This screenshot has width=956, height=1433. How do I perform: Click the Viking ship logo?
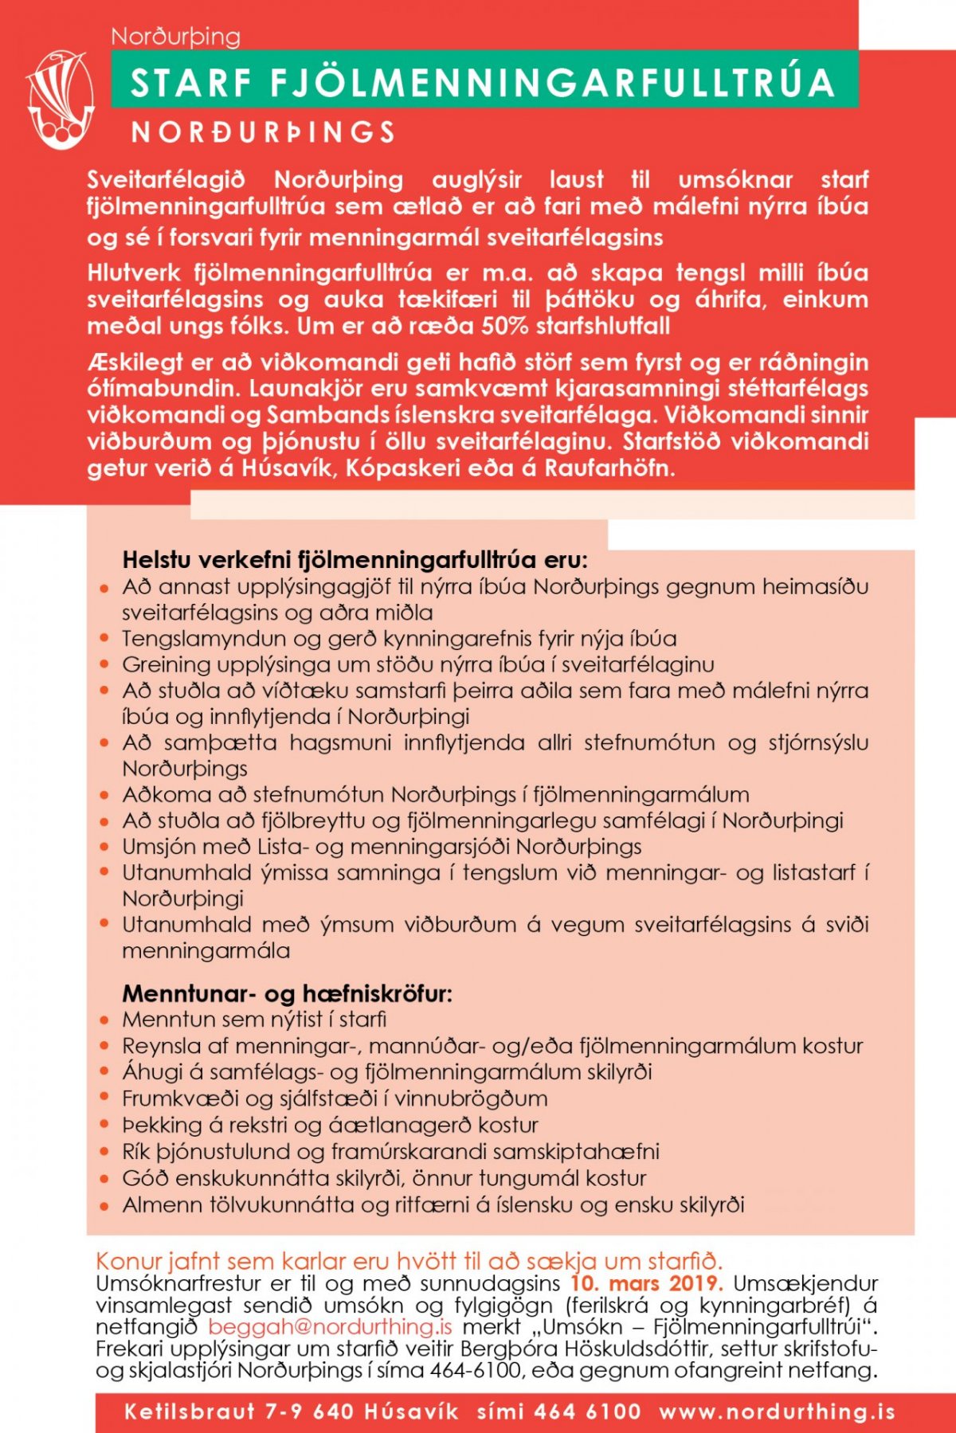coord(60,100)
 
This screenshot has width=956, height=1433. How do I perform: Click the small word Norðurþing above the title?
coord(175,36)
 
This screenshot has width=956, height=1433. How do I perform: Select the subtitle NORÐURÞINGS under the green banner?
coord(264,132)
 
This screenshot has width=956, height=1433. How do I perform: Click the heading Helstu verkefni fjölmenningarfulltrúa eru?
coord(355,560)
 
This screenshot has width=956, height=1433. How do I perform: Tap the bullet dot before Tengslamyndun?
coord(104,640)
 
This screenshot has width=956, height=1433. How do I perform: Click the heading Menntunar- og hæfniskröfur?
coord(287,994)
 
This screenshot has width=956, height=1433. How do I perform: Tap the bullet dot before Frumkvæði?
coord(104,1099)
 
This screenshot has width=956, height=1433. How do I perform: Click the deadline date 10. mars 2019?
coord(646,1283)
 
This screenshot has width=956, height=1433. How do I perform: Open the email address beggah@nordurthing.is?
coord(331,1326)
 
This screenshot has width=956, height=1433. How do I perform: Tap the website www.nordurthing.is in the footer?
coord(777,1411)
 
